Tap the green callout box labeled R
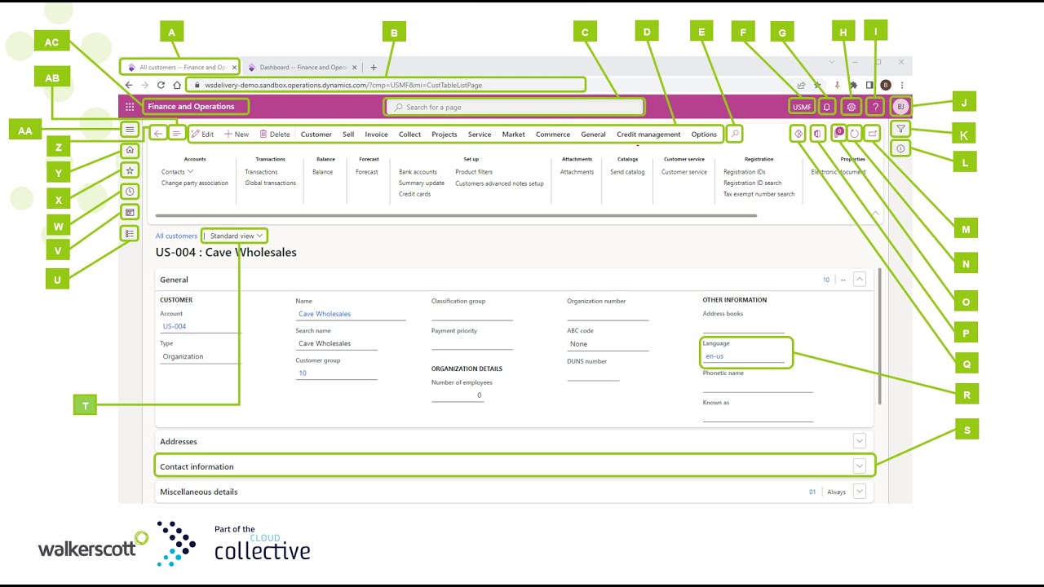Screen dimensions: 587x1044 967,395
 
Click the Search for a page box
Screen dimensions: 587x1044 514,107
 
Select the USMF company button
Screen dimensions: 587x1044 802,107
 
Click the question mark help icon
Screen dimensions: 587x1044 875,107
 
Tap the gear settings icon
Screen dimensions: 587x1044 852,107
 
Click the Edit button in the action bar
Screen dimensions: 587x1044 202,135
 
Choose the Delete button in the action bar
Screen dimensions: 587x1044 275,135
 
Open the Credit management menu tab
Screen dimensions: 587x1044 648,135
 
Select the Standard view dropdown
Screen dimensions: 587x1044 236,236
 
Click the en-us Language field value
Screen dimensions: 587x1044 715,356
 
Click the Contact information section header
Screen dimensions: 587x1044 197,467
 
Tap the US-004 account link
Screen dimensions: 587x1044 175,326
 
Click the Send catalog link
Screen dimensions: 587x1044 627,172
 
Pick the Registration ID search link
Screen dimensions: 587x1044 752,183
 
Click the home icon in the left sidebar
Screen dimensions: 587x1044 129,151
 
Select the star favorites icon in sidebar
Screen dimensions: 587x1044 129,170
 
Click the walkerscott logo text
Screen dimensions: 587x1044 86,549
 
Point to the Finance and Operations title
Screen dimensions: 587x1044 191,107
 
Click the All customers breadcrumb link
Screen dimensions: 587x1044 176,236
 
